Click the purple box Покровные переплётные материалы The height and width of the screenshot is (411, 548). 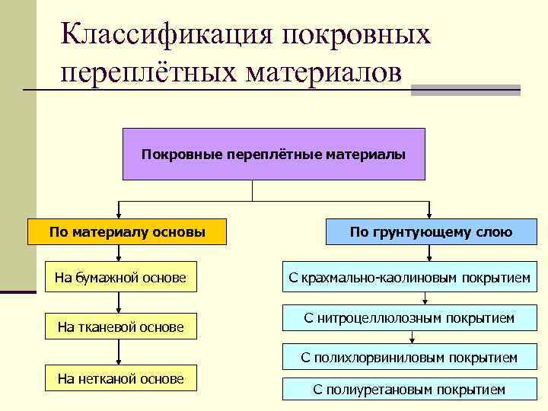pyautogui.click(x=273, y=154)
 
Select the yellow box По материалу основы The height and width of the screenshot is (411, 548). pyautogui.click(x=127, y=231)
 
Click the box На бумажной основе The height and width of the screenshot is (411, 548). pyautogui.click(x=120, y=278)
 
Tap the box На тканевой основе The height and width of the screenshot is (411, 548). pyautogui.click(x=120, y=327)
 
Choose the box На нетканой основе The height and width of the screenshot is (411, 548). pyautogui.click(x=120, y=378)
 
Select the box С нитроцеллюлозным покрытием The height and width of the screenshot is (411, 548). pyautogui.click(x=409, y=317)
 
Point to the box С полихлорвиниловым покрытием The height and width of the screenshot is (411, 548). pyautogui.click(x=409, y=356)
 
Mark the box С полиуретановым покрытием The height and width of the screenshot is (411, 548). pyautogui.click(x=409, y=389)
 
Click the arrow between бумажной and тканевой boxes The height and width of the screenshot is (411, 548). pyautogui.click(x=118, y=303)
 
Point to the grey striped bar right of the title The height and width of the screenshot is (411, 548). pyautogui.click(x=465, y=90)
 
